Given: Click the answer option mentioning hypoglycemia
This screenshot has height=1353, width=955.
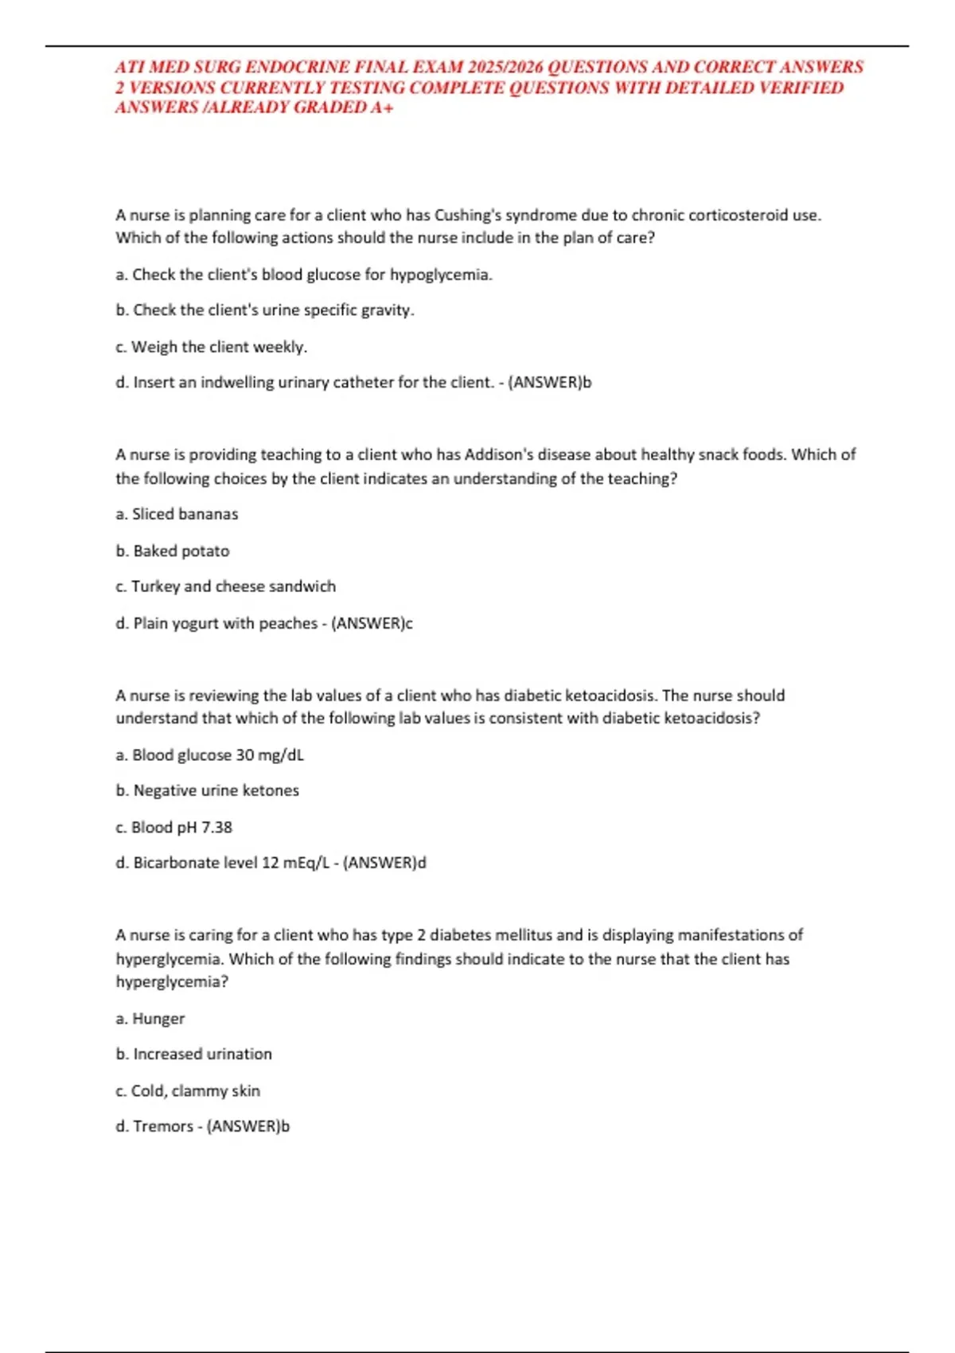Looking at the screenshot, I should click(304, 275).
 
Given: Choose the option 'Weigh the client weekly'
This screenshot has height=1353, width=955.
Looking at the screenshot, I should click(211, 347).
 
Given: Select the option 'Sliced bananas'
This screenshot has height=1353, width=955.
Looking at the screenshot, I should click(177, 514).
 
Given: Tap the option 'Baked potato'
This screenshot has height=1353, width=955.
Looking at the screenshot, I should click(173, 551).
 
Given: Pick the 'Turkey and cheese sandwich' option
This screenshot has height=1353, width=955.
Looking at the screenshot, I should click(225, 587).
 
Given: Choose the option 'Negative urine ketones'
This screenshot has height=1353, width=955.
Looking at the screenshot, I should click(207, 790).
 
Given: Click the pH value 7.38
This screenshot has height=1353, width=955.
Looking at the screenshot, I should click(216, 827).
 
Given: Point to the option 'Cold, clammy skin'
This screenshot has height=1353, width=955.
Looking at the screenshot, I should click(188, 1090).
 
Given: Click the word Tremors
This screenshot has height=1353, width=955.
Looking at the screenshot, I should click(162, 1126).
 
